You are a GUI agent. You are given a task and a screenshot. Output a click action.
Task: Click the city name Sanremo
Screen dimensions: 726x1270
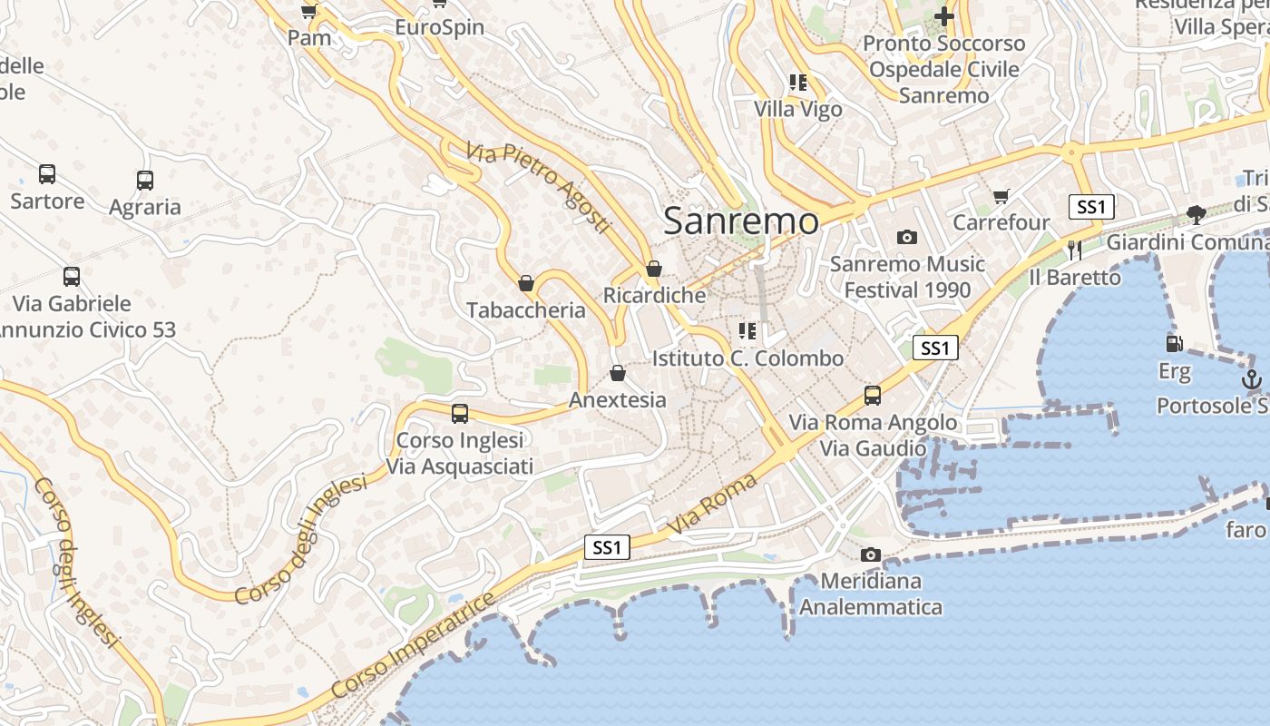tap(741, 221)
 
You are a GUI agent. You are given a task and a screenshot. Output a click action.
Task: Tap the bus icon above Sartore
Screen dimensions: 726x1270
tap(47, 174)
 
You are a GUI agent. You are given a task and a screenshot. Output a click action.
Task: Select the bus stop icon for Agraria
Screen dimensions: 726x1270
tap(145, 181)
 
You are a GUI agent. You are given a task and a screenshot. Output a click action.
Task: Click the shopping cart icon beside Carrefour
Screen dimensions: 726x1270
tap(1001, 196)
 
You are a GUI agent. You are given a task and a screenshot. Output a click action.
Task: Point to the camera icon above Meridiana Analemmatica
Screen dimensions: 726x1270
tap(871, 554)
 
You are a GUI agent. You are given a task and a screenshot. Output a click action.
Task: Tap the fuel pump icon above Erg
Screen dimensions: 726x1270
tap(1174, 344)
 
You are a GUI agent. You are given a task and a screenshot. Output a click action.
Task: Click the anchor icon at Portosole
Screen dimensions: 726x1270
tap(1252, 378)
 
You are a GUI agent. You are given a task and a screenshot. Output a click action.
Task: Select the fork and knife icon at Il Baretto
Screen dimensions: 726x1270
tap(1075, 250)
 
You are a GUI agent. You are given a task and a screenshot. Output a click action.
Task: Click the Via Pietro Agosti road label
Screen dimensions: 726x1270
tap(540, 188)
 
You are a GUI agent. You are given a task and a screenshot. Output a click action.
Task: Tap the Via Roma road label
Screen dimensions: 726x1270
tap(712, 505)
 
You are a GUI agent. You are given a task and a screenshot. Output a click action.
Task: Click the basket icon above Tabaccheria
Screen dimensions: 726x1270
tap(526, 284)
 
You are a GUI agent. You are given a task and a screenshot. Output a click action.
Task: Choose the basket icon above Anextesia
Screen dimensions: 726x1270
tap(618, 373)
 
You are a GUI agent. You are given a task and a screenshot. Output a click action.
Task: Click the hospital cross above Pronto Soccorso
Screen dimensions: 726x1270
tap(944, 16)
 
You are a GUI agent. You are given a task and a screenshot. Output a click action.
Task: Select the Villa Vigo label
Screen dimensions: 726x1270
tap(798, 109)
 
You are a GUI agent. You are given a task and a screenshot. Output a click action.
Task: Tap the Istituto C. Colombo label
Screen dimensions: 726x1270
tap(747, 358)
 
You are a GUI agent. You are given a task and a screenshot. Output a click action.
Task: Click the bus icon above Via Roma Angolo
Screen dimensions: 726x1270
tap(873, 396)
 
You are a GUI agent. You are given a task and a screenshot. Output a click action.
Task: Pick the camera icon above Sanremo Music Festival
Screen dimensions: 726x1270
tap(906, 238)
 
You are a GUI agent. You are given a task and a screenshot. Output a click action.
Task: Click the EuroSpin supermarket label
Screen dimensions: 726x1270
tap(439, 27)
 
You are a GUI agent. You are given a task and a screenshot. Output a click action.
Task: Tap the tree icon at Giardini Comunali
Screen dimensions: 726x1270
tap(1197, 215)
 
